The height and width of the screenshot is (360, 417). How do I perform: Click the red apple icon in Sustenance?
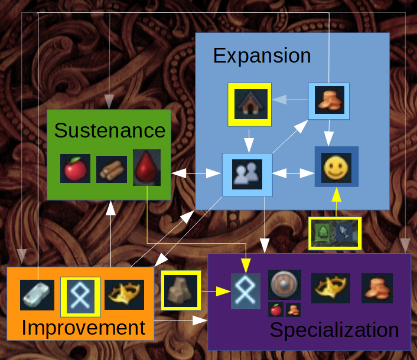pyautogui.click(x=75, y=169)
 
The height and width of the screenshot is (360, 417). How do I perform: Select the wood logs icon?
pyautogui.click(x=112, y=169)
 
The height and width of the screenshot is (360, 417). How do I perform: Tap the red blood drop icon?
pyautogui.click(x=146, y=168)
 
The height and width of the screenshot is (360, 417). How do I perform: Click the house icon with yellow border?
pyautogui.click(x=249, y=104)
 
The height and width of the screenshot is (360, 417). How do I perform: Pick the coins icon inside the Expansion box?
pyautogui.click(x=329, y=100)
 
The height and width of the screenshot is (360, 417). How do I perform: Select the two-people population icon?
pyautogui.click(x=247, y=175)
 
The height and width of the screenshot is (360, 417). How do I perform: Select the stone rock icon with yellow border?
pyautogui.click(x=181, y=290)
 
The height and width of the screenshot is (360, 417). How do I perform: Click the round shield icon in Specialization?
pyautogui.click(x=285, y=285)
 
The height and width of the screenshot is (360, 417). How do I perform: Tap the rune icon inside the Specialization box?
pyautogui.click(x=246, y=290)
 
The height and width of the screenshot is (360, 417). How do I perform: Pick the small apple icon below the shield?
pyautogui.click(x=275, y=310)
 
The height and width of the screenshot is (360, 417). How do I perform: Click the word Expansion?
pyautogui.click(x=262, y=55)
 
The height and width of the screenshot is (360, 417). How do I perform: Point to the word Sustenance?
pyautogui.click(x=110, y=130)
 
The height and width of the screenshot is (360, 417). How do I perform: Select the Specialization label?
pyautogui.click(x=334, y=330)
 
